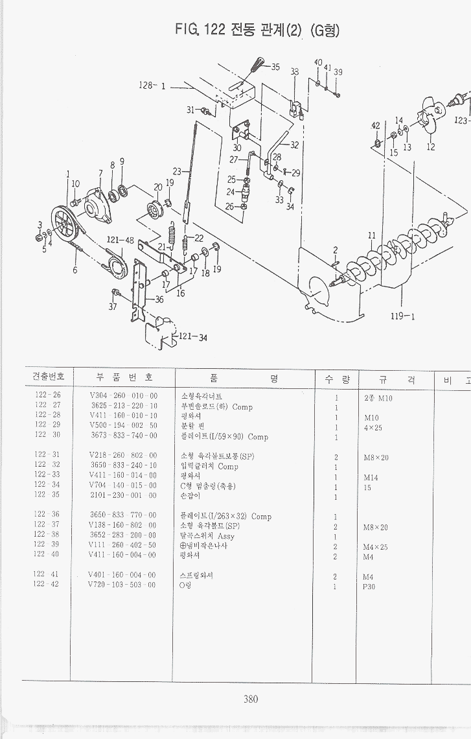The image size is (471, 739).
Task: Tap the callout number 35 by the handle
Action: [x=275, y=67]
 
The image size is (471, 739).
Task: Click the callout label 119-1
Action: [x=402, y=316]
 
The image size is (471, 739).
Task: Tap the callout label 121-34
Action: [x=189, y=336]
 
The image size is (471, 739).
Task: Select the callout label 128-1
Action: [x=154, y=85]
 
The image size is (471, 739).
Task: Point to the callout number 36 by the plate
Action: [x=159, y=299]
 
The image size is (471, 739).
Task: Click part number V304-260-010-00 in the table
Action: [x=123, y=395]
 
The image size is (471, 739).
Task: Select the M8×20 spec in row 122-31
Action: [x=376, y=457]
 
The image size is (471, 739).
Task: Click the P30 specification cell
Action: [x=369, y=586]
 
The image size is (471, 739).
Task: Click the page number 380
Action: [x=251, y=699]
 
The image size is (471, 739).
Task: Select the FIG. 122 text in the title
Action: [x=199, y=30]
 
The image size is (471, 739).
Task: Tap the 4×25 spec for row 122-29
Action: [x=373, y=428]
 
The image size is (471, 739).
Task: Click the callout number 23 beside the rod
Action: [x=177, y=172]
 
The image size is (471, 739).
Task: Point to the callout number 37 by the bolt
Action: [x=113, y=307]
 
